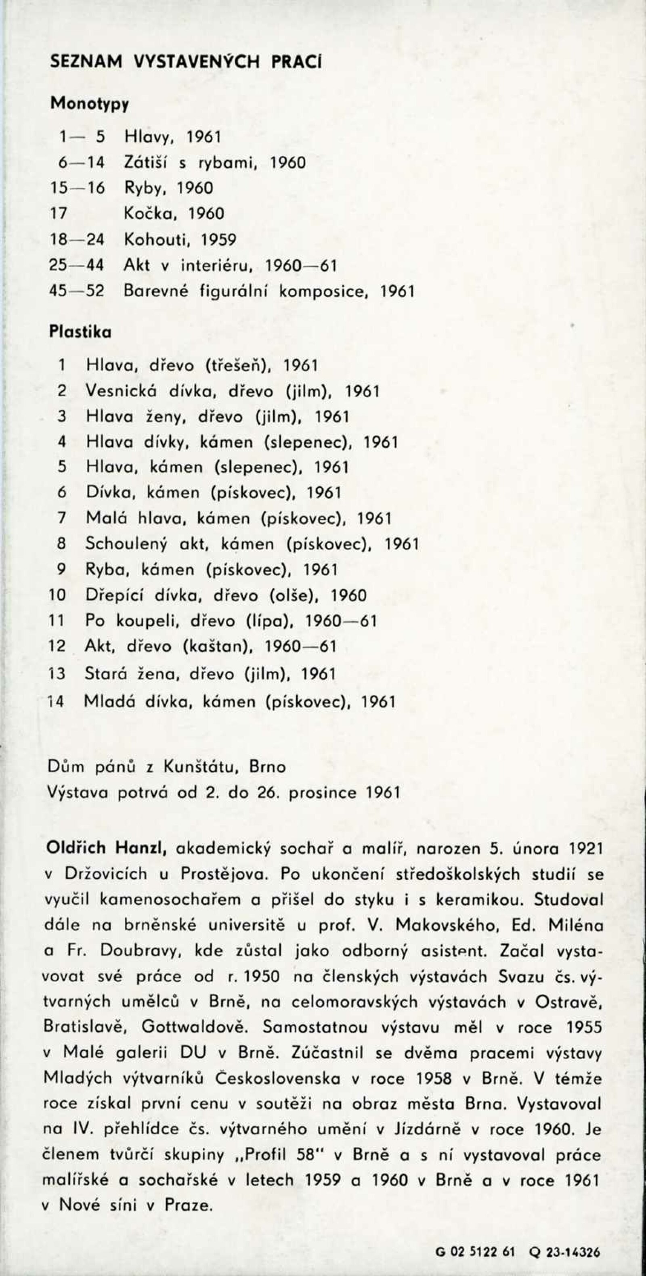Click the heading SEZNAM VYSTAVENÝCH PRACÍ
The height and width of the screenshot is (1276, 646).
click(186, 61)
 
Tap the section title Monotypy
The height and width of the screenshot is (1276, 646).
click(90, 104)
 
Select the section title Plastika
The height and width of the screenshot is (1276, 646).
click(80, 332)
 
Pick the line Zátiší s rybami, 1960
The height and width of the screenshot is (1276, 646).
click(214, 162)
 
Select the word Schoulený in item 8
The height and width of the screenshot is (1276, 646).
click(130, 544)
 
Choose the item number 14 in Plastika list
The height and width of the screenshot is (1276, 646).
click(57, 702)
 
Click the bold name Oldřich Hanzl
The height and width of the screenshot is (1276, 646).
click(105, 848)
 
